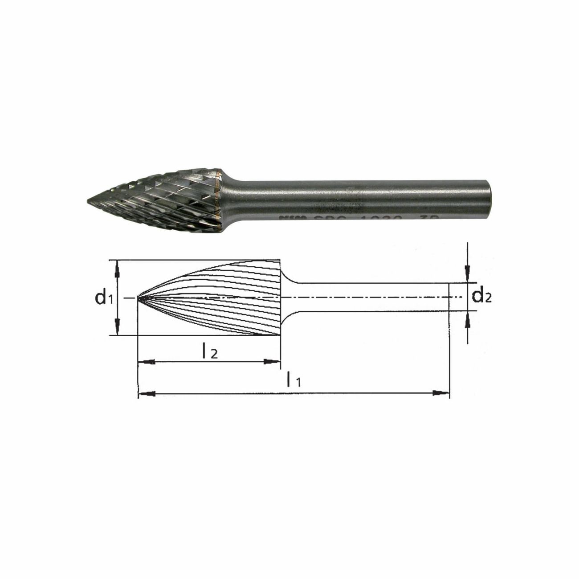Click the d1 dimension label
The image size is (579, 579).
103,297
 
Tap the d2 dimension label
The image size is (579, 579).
481,296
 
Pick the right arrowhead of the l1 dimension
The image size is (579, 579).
441,393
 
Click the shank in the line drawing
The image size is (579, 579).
370,297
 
